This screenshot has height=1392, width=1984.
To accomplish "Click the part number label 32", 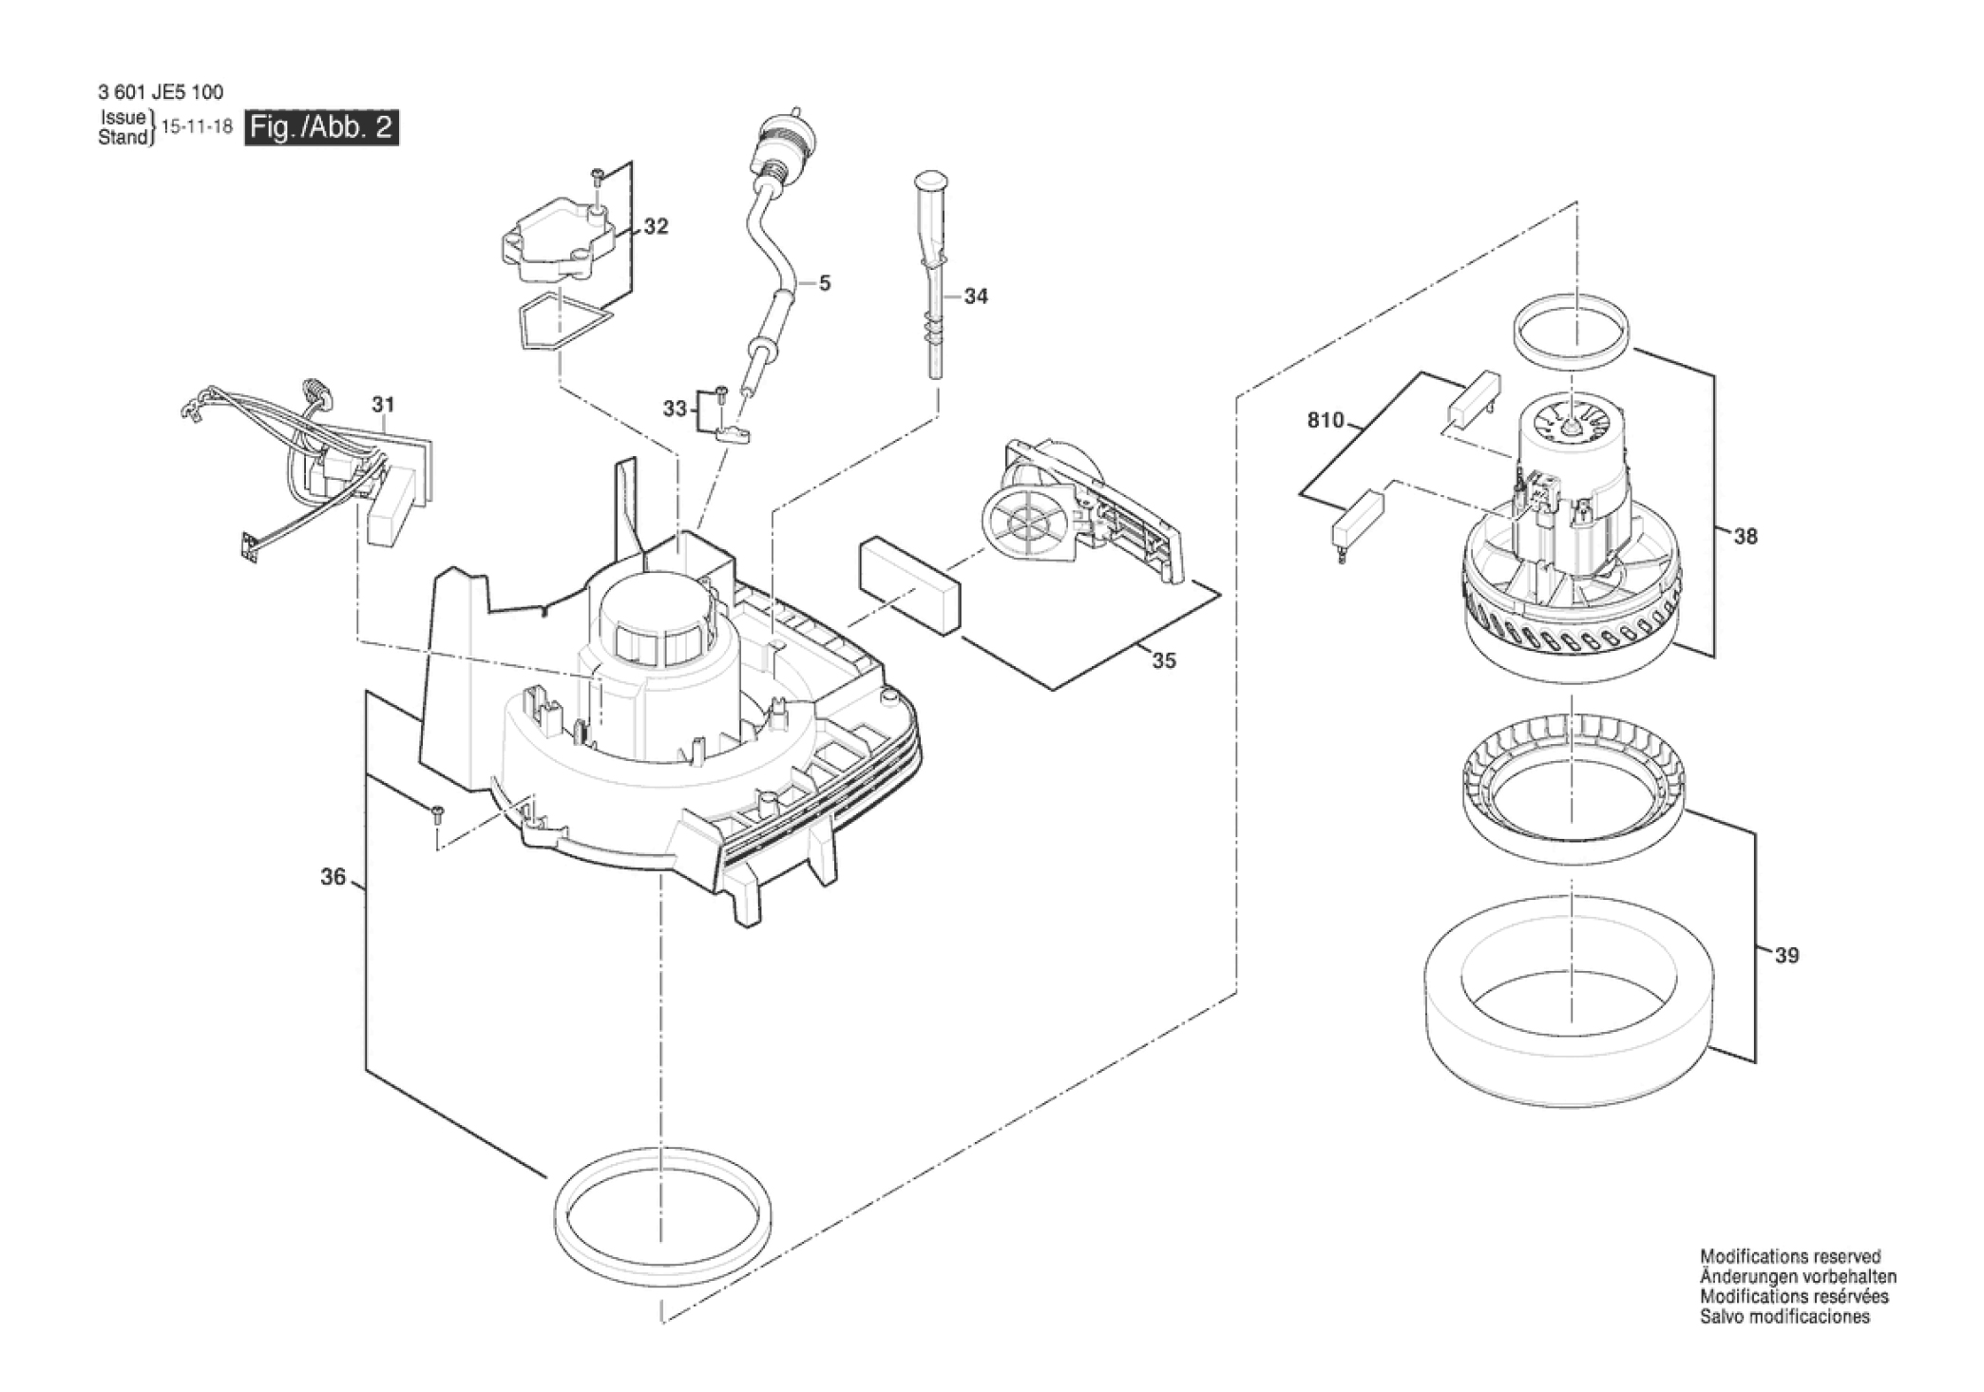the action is coord(656,226).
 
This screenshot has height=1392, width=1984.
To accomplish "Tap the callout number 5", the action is coord(825,283).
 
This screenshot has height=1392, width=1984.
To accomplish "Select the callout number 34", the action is coord(976,296).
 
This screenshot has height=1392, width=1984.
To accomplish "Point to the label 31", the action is coord(383,405).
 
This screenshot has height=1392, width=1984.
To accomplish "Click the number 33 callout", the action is coord(675,409).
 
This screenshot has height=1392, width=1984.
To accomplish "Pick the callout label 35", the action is coord(1164,660).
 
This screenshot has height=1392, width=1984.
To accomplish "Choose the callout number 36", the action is coord(333,877).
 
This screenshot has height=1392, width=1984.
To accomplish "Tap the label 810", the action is coord(1326,420).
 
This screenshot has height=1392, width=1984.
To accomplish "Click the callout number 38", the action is coord(1746,537).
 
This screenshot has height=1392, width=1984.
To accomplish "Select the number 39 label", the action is coord(1787,955).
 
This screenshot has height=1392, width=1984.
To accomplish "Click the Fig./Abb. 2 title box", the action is coord(322,127).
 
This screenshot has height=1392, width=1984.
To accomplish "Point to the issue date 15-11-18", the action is coord(198,127).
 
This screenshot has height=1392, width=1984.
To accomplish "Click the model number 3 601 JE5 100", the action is coord(161,92).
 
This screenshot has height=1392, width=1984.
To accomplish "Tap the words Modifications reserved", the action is coord(1790,1257).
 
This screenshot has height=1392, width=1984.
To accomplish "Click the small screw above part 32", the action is coord(598,178).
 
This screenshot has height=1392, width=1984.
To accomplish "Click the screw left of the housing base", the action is coord(437,814).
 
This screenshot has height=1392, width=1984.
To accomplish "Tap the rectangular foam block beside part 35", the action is coord(910,586).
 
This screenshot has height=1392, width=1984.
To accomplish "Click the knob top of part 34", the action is coord(932,181).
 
